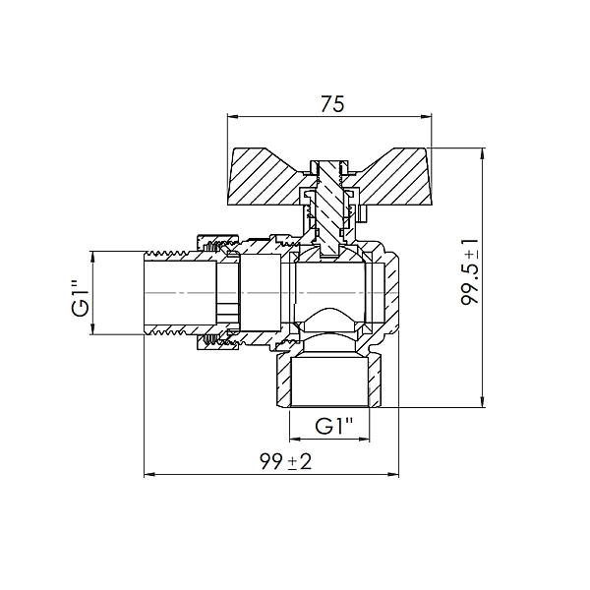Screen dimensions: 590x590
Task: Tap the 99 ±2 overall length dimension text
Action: (285, 462)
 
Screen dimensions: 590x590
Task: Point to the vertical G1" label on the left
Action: (81, 296)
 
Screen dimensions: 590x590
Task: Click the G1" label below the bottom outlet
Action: (335, 426)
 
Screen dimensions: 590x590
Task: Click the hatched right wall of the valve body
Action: (390, 295)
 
